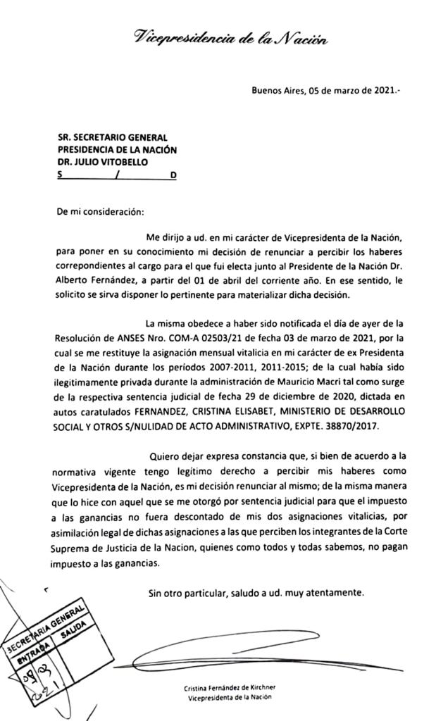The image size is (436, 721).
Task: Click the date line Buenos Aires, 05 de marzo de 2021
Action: [326, 90]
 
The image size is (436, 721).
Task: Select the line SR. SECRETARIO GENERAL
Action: [112, 138]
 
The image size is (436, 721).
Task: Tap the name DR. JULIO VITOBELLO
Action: [103, 161]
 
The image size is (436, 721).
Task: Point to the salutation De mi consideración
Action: [100, 211]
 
